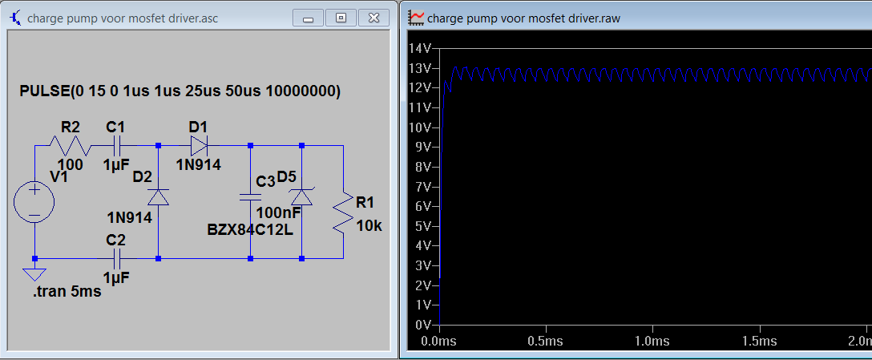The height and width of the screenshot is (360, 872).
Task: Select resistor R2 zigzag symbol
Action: point(71,146)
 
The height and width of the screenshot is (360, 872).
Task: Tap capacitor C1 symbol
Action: point(115,146)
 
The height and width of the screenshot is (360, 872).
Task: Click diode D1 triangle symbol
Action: point(199,146)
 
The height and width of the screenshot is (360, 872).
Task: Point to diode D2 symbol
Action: point(159,197)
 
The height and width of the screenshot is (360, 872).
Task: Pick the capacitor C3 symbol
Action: point(250,196)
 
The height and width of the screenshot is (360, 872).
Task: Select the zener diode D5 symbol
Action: point(302,196)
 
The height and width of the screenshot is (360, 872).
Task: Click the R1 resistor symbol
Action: point(343,212)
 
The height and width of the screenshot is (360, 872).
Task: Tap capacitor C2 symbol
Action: point(115,259)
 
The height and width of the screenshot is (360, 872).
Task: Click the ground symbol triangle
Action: point(34,274)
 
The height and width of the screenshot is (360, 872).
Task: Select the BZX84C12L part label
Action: point(250,229)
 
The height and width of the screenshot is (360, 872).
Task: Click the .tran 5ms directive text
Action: point(67,291)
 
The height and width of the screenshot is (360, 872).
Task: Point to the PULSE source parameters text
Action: point(180,92)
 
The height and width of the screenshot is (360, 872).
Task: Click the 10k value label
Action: point(369,226)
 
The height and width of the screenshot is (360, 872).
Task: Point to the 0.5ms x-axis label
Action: point(546,340)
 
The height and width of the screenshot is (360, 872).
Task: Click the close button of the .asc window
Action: point(373,18)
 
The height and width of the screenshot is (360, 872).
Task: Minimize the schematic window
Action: point(308,18)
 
